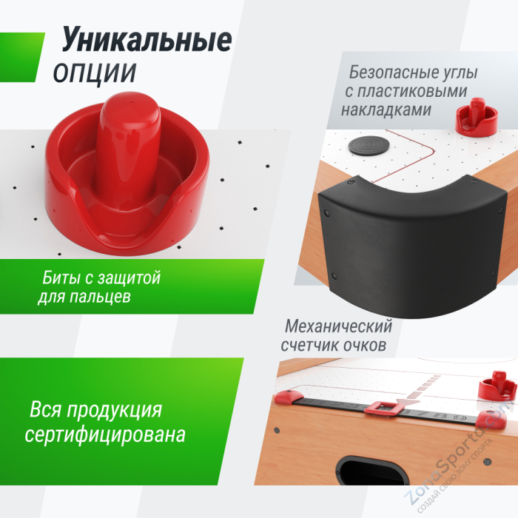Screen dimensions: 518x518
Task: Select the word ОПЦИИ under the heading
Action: (94, 73)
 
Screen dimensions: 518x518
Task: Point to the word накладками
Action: (386, 110)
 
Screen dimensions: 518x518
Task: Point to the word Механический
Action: (338, 327)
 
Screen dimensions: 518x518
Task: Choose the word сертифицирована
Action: (105, 434)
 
